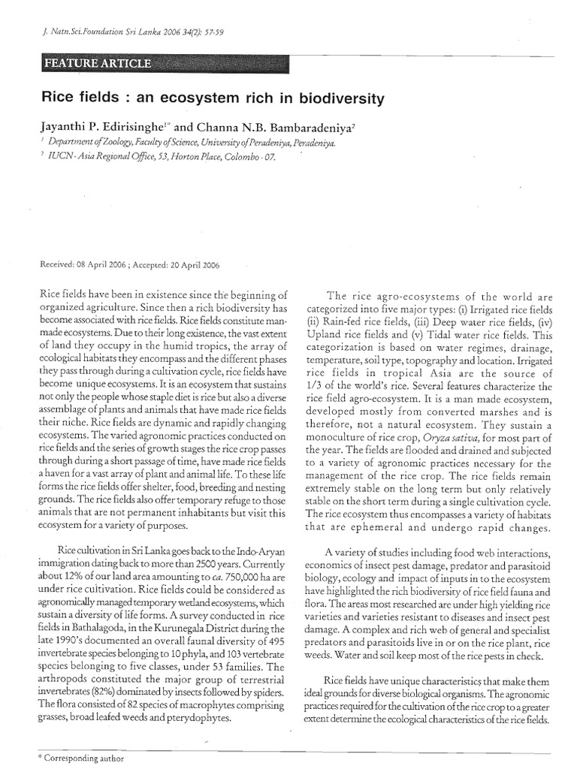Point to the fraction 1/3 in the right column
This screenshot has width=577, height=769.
tap(316, 386)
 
